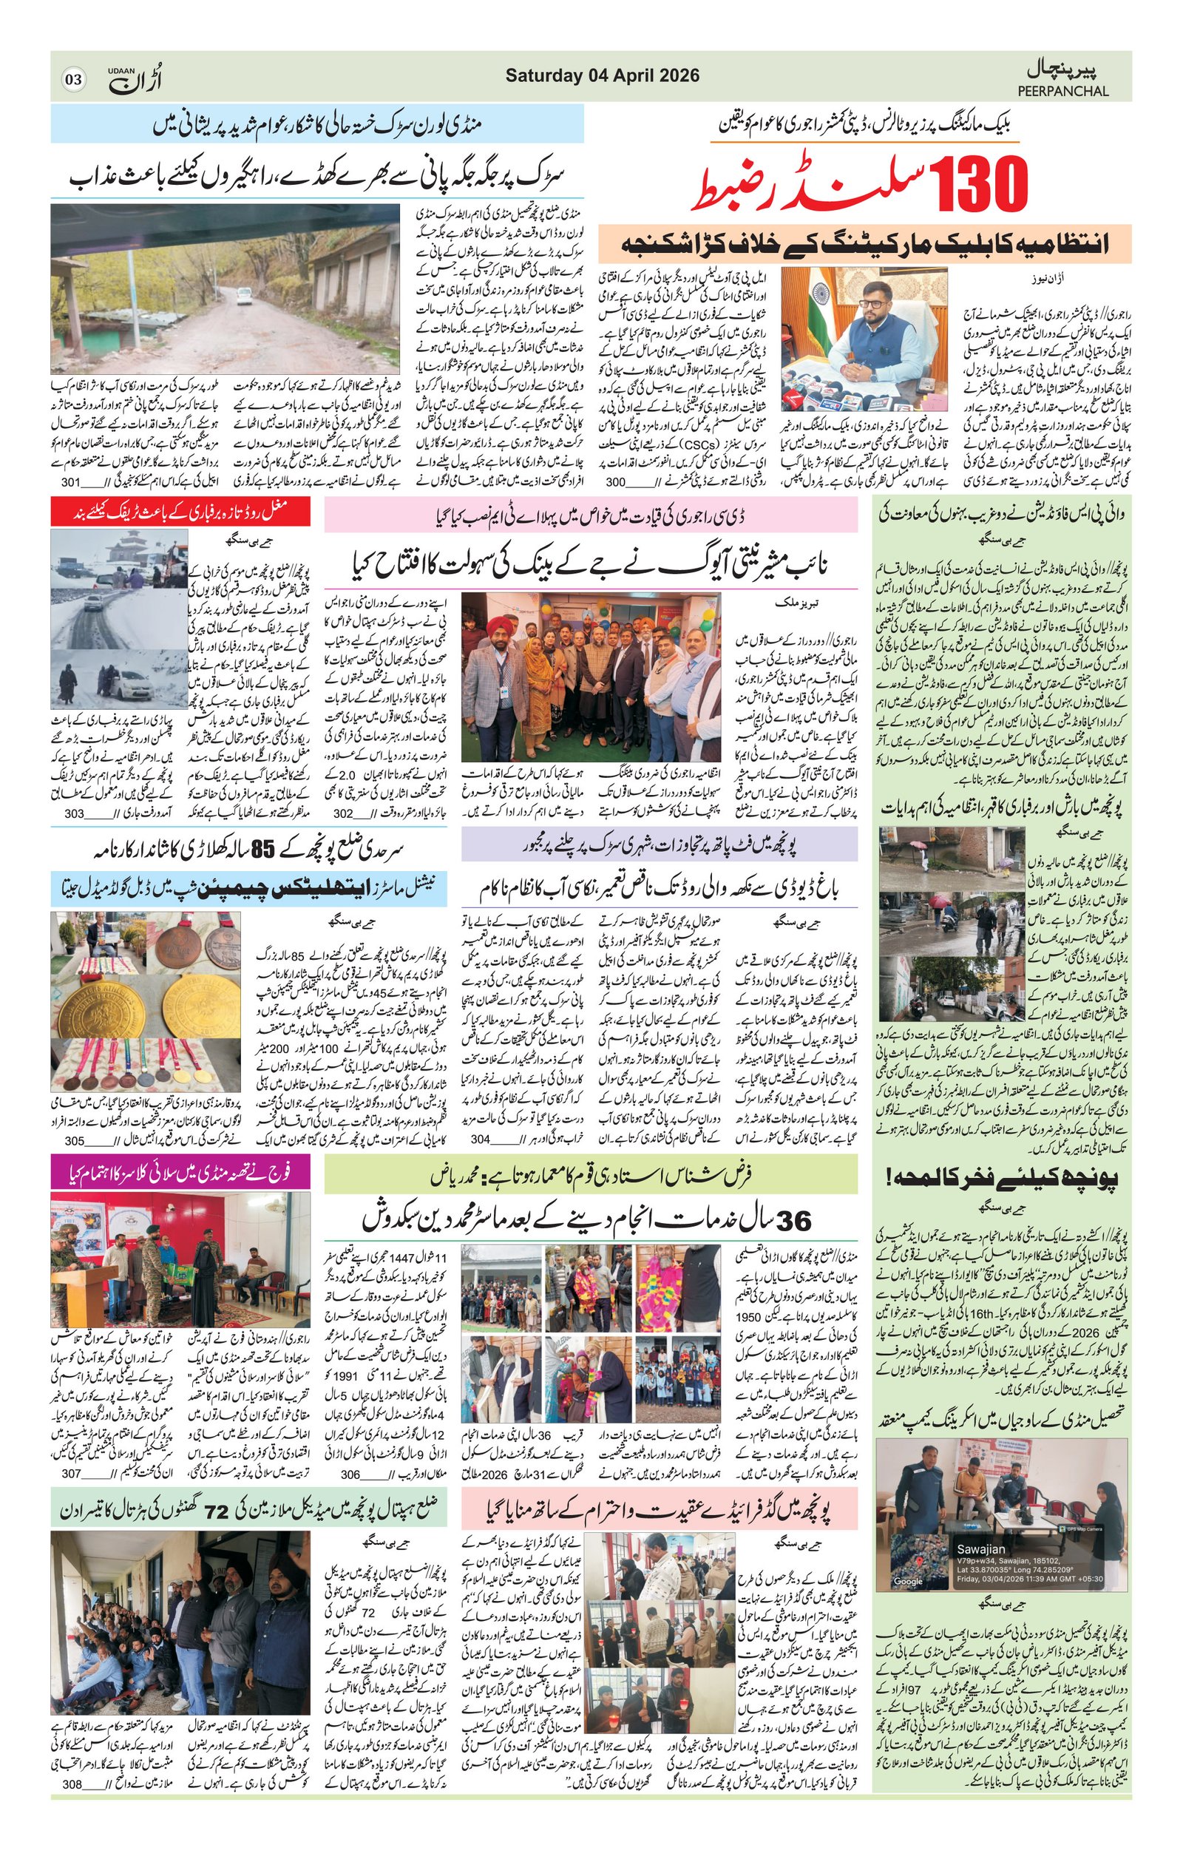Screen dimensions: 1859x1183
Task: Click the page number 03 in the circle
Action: coord(73,80)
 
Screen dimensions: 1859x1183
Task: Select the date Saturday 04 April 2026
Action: coord(602,75)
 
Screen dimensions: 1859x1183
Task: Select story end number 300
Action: coord(616,481)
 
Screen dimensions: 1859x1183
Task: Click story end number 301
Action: coord(71,481)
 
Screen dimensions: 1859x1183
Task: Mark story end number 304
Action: coord(480,1139)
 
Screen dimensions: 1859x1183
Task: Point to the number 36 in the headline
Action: coord(794,1221)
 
